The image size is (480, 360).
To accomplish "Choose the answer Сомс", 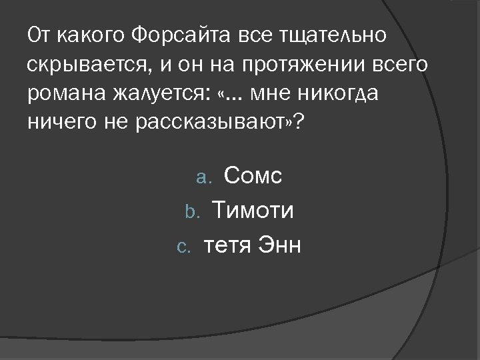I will click(253, 176).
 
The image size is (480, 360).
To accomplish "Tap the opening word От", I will click(37, 35).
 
